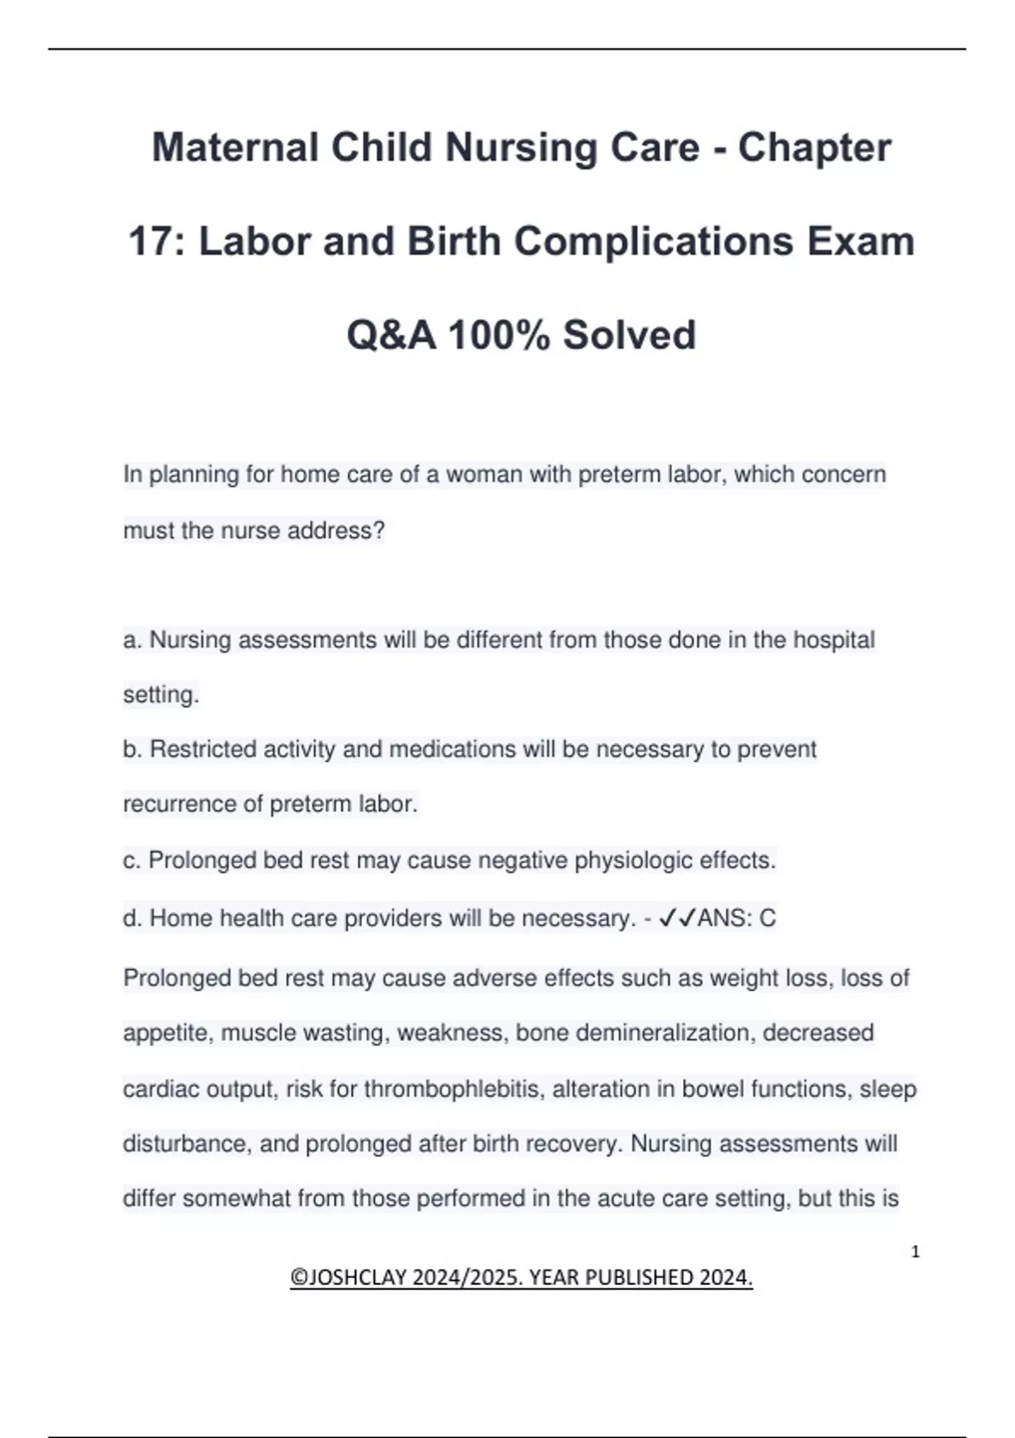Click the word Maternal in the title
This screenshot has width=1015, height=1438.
235,148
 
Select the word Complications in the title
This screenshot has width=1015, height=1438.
653,242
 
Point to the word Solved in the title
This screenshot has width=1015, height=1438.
629,335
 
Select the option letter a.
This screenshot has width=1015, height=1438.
131,640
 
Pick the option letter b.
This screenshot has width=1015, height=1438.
131,749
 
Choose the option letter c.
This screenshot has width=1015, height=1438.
131,860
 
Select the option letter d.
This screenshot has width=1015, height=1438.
131,919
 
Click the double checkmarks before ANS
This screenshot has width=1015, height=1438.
677,918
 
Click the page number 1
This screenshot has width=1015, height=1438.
915,1252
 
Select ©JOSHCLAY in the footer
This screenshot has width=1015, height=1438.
348,1277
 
